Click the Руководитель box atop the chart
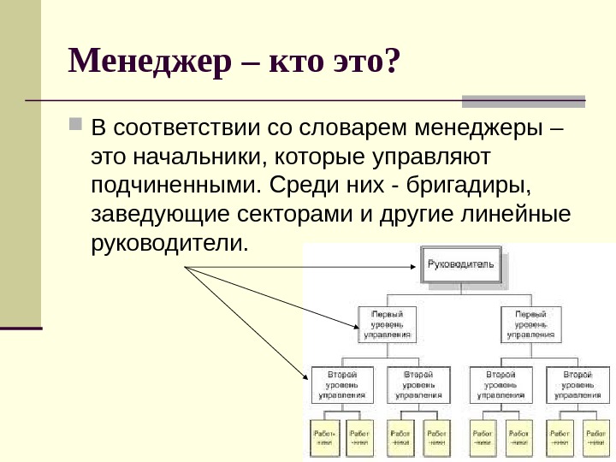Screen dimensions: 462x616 (460, 266)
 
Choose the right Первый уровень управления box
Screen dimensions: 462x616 (531, 323)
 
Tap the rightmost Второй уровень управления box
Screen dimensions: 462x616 (579, 385)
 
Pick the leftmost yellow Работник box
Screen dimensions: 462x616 (324, 437)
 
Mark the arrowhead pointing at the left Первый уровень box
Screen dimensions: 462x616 (358, 326)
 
